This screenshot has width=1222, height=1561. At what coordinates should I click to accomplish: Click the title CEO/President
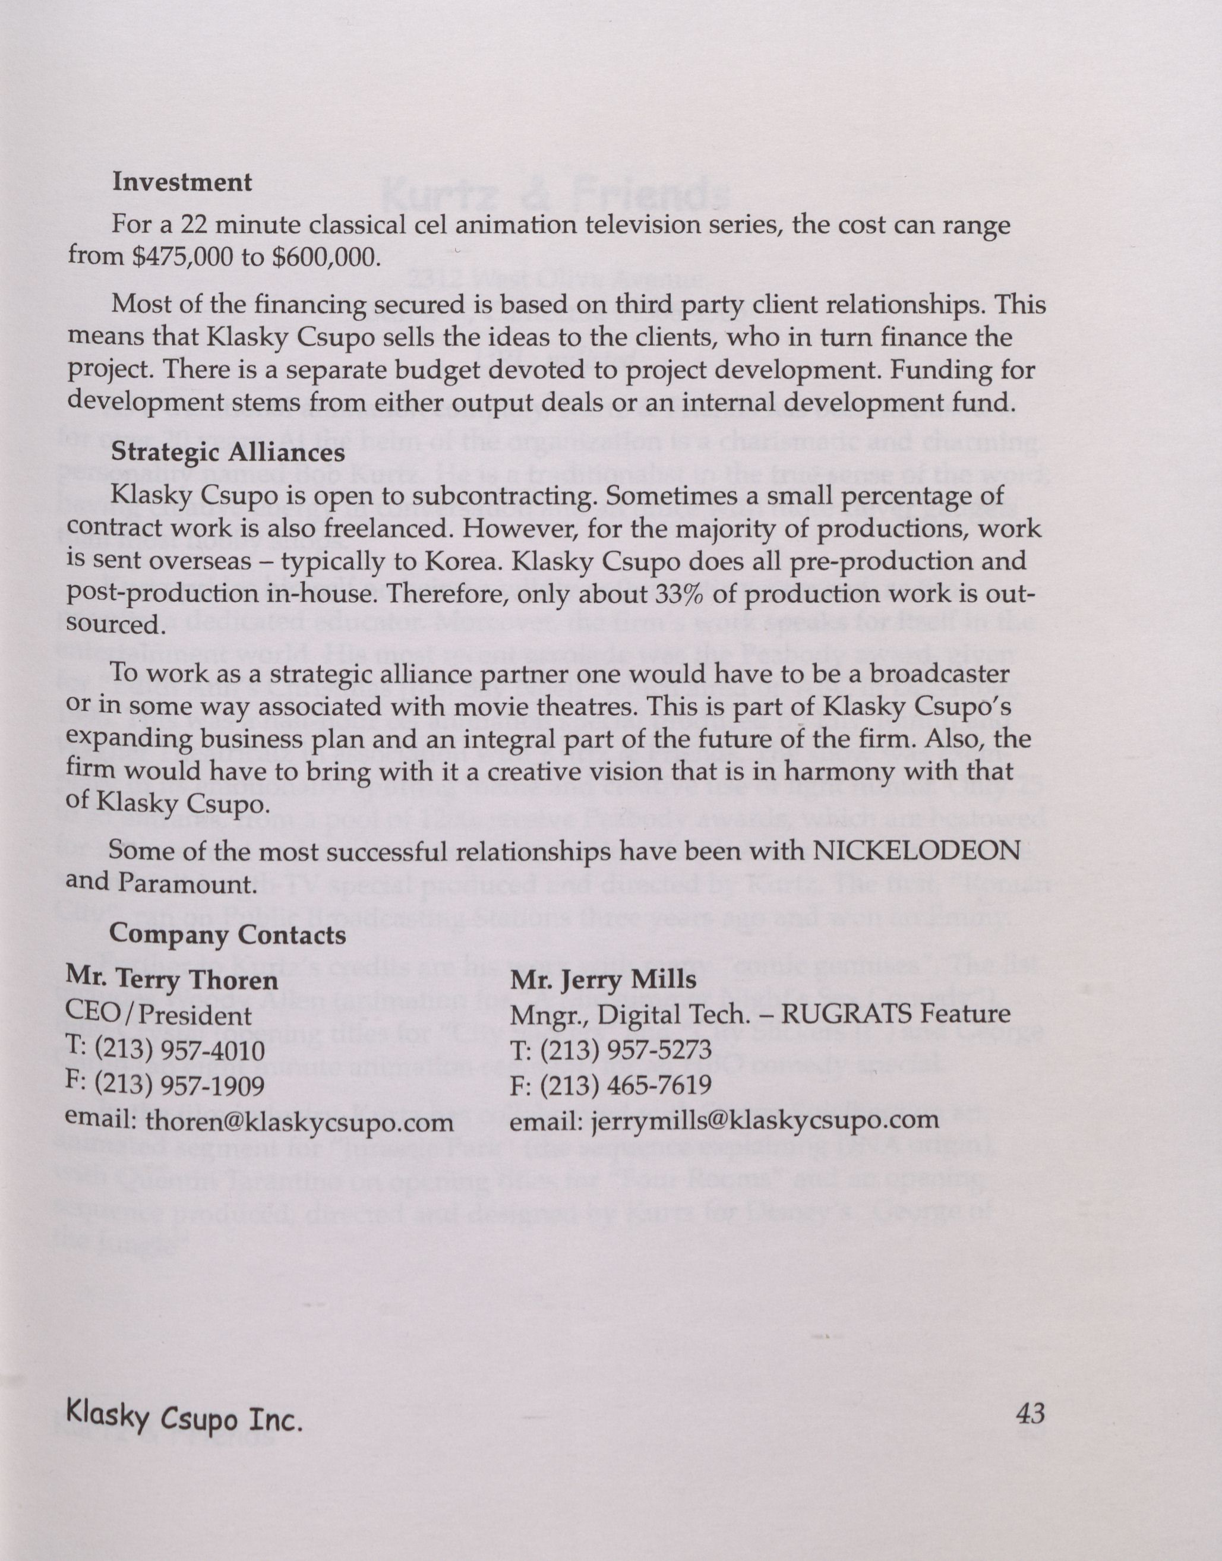(158, 1015)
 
